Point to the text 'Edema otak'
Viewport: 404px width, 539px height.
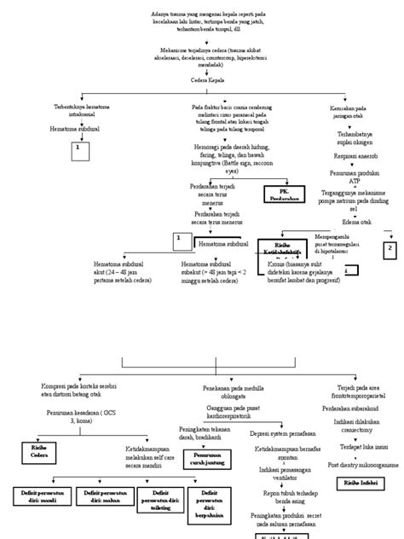click(x=346, y=222)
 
